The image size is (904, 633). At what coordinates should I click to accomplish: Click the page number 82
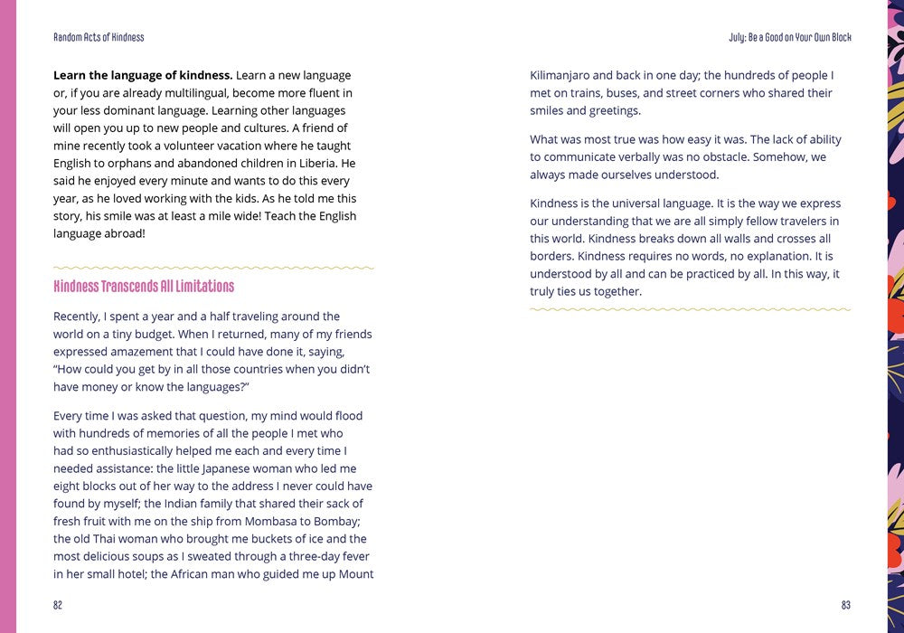(x=58, y=605)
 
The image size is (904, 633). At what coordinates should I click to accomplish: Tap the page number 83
(x=845, y=605)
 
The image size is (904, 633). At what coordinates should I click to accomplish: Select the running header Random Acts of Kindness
(x=99, y=37)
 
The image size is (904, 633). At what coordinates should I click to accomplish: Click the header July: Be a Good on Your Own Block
(x=790, y=37)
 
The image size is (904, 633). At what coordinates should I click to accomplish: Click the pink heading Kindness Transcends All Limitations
(x=144, y=287)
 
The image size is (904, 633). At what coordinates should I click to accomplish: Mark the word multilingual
(x=203, y=93)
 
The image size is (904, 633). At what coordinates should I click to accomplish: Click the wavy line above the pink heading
(x=213, y=268)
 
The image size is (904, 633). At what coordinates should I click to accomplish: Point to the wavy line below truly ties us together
(x=690, y=309)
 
